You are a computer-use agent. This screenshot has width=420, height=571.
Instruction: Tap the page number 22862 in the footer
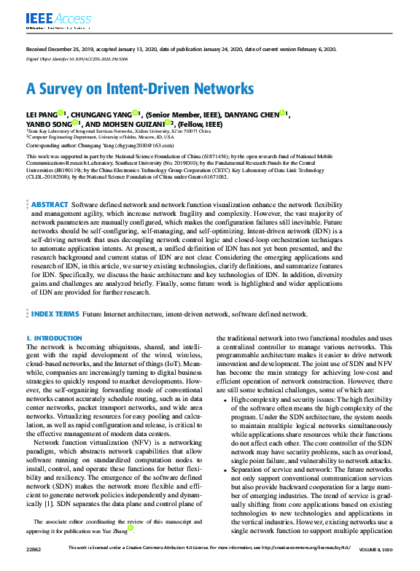pos(34,567)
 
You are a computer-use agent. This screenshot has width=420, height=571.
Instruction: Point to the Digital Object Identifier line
pos(77,58)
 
